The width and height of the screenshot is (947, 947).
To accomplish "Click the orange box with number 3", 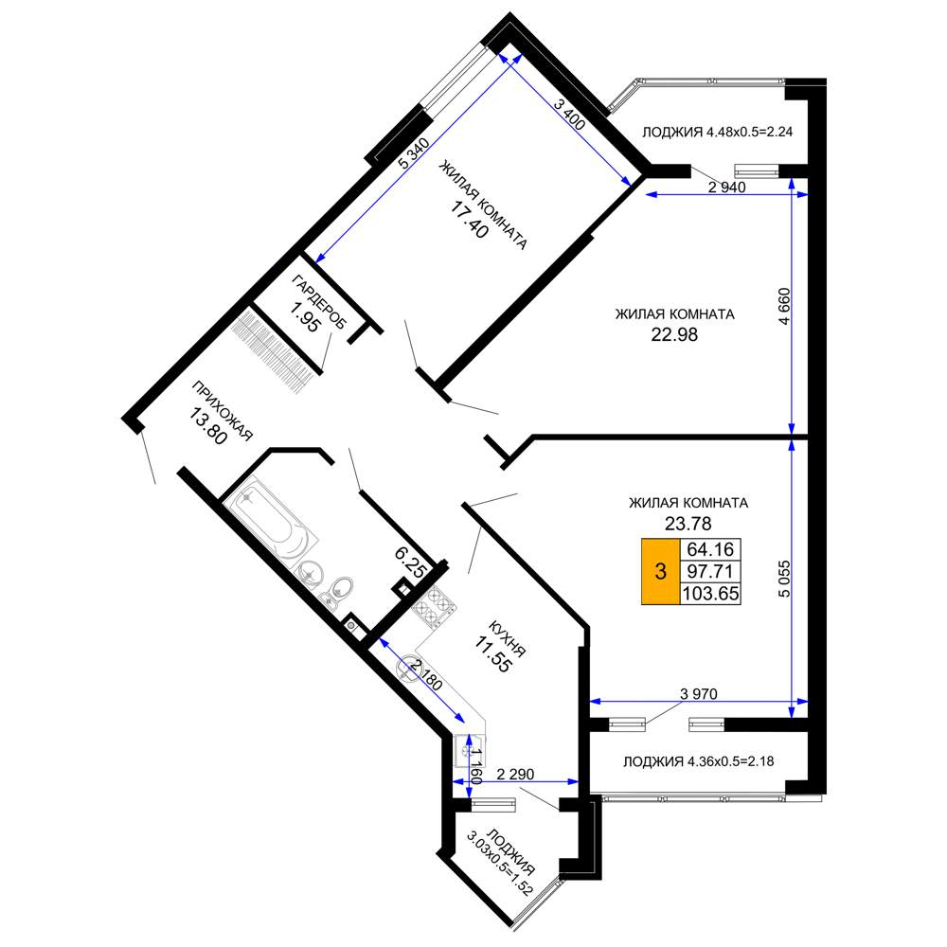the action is tap(660, 571).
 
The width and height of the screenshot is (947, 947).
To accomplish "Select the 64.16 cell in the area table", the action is tap(710, 549).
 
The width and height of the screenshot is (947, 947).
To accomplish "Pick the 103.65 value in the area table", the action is tap(710, 594).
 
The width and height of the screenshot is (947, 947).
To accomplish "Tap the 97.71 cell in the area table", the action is tap(710, 571).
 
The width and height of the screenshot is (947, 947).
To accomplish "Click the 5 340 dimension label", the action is tap(414, 153).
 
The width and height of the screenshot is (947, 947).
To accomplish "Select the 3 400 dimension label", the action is tap(569, 115).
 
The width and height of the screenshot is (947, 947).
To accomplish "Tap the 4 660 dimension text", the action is tap(783, 306).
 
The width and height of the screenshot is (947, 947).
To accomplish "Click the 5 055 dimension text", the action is tap(783, 579).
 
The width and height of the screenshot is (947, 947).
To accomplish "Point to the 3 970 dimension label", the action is tap(699, 694).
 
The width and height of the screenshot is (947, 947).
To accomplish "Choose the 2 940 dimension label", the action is tap(726, 188).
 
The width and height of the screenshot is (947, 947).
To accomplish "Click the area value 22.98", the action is tap(674, 334).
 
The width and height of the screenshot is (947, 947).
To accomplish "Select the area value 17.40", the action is tap(469, 220).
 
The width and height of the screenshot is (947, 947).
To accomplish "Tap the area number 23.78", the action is tap(688, 523).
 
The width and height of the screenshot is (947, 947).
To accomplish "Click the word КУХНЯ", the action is tap(507, 638).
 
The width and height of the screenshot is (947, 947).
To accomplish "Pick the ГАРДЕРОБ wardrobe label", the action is tap(319, 301).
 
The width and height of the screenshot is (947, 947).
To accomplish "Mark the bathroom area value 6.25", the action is tap(411, 562).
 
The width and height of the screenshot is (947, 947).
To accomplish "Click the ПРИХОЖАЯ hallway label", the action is tap(222, 411).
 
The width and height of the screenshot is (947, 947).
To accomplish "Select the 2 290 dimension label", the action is tap(515, 774).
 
